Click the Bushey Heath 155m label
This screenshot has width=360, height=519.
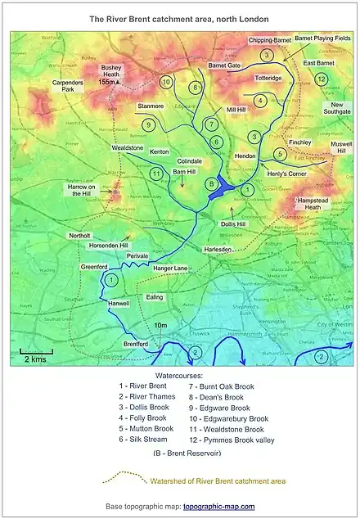click(110, 74)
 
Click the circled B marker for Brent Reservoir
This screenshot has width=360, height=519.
click(211, 183)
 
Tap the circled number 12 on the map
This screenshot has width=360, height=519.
click(322, 79)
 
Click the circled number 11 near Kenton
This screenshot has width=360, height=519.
click(155, 173)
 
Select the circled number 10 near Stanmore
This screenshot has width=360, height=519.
click(166, 82)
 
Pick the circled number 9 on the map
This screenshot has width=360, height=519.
click(148, 124)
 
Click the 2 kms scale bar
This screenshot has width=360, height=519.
click(34, 354)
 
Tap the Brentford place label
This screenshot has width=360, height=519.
click(136, 345)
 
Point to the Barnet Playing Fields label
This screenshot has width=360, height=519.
click(322, 38)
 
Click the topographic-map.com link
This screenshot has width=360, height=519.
click(218, 507)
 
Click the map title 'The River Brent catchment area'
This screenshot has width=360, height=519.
click(179, 18)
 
